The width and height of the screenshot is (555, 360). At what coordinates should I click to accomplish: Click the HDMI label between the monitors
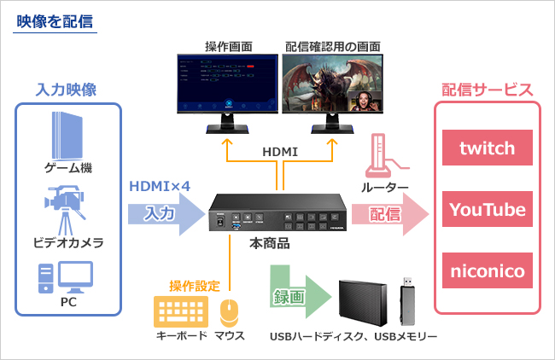click(280, 152)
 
